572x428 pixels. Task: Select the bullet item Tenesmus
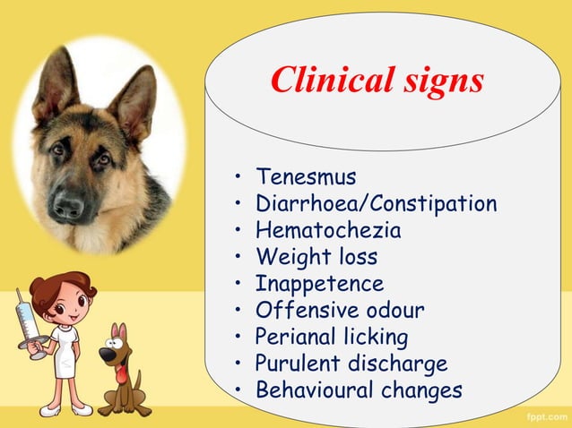pos(306,176)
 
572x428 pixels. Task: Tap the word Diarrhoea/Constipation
pos(376,203)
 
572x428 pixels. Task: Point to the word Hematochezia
pos(328,230)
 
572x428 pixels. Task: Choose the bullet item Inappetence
pos(319,284)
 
